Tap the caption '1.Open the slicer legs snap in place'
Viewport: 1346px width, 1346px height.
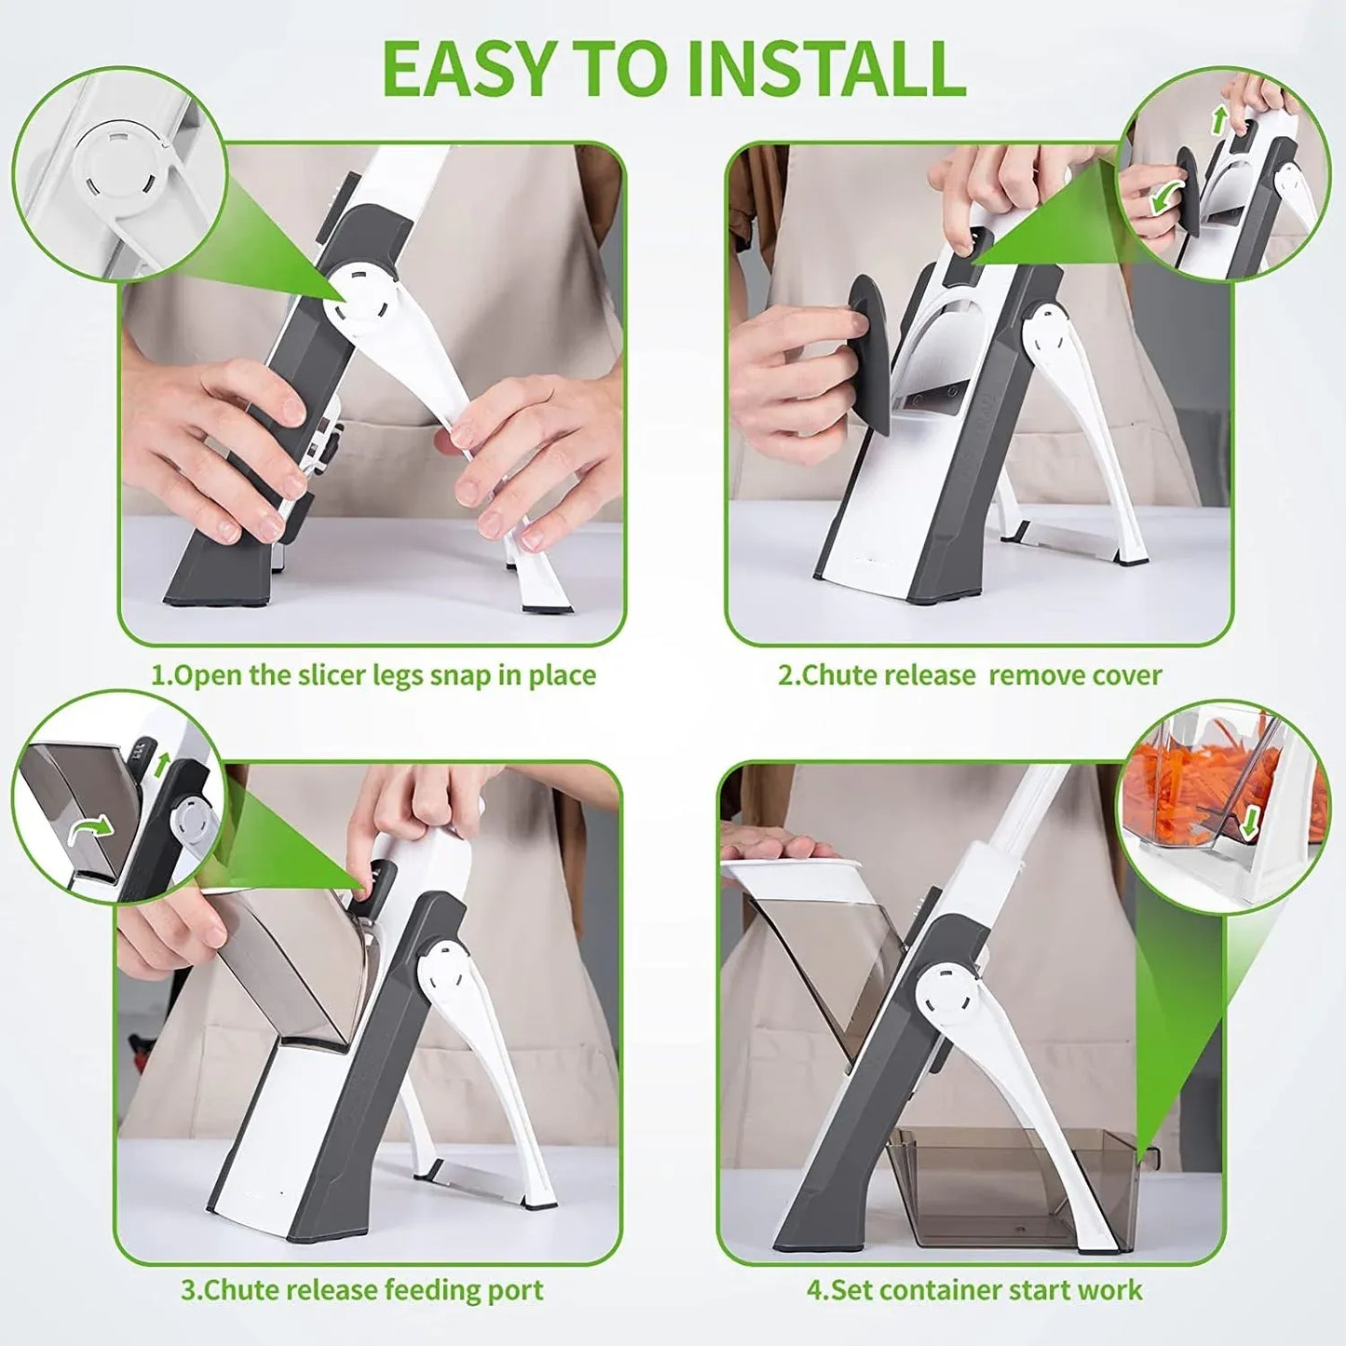click(374, 674)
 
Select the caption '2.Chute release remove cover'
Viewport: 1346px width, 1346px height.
click(970, 674)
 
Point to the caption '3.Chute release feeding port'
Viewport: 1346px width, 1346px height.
click(362, 1290)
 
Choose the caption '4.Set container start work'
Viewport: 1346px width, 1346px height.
click(973, 1290)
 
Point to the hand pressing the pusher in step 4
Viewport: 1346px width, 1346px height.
click(778, 847)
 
